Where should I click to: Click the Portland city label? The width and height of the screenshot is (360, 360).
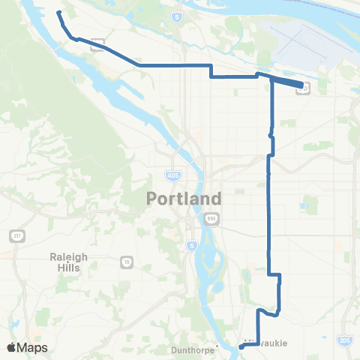(184, 199)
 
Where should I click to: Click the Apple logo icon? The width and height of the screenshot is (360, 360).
(13, 348)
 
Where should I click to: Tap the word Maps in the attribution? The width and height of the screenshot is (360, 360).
(33, 348)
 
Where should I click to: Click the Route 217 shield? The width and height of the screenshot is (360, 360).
(16, 235)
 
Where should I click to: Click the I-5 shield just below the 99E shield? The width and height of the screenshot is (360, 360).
(191, 244)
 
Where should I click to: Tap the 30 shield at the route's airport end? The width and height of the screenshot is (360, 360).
(304, 88)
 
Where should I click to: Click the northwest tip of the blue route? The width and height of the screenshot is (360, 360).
(58, 13)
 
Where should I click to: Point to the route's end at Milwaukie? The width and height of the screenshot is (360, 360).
(240, 346)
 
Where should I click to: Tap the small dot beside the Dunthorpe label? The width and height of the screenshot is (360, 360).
(216, 346)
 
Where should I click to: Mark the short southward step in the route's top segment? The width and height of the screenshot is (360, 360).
(211, 71)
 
